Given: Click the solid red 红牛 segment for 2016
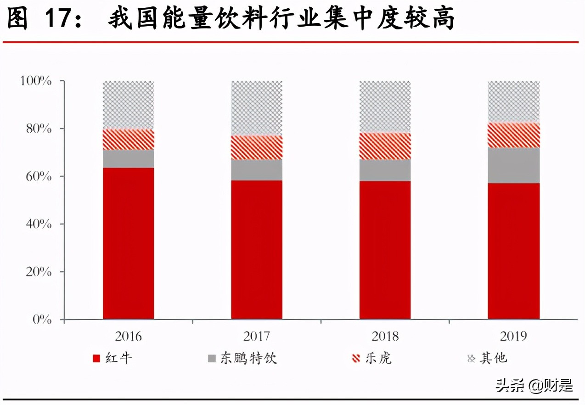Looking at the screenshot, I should (x=128, y=243).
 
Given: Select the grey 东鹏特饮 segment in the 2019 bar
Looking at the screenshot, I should (x=513, y=165).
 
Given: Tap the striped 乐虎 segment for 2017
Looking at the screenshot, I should (x=257, y=147).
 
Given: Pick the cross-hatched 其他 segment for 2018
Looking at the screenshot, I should (x=385, y=107).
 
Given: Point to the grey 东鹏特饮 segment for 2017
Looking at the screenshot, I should (x=257, y=169).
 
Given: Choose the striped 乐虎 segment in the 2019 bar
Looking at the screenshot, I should (x=513, y=135).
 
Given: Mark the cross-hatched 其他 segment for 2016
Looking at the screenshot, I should (x=128, y=105).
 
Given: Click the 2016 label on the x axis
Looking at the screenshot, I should (x=128, y=336).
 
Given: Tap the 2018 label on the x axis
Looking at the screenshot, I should (x=385, y=336).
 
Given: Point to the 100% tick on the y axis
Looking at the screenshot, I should (x=36, y=81).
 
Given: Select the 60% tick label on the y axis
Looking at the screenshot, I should (x=38, y=177).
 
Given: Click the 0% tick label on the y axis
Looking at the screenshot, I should (x=42, y=320).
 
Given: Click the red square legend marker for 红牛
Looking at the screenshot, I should (x=96, y=359).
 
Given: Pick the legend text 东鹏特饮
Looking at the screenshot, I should (x=248, y=358).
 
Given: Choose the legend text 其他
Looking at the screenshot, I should (x=493, y=358).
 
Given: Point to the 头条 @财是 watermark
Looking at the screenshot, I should (x=534, y=385).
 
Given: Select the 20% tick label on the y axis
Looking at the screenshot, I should (x=38, y=272).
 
